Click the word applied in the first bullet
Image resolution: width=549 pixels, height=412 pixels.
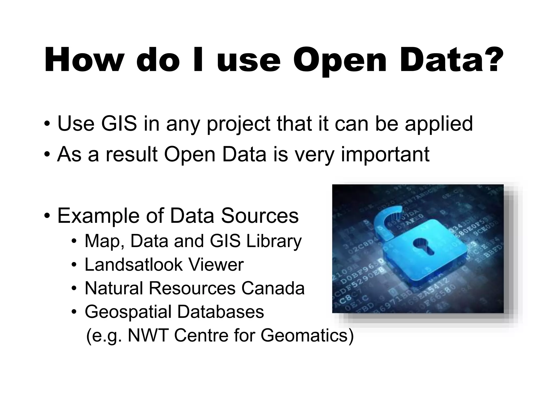[x=439, y=124]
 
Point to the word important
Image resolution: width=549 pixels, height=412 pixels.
[x=385, y=155]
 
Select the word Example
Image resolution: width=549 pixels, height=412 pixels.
[x=98, y=216]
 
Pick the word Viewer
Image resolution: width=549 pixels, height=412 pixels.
[x=216, y=264]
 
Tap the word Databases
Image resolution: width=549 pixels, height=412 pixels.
[x=220, y=312]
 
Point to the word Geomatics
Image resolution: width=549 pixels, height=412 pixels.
[x=304, y=335]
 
